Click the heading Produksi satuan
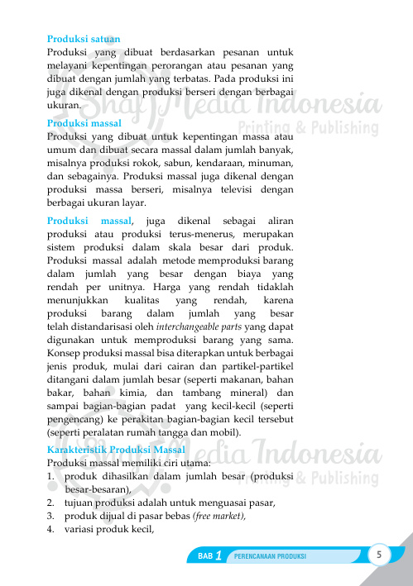pos(84,39)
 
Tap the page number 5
pos(379,554)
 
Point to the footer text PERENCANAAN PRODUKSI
pos(271,557)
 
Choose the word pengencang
pos(74,418)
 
